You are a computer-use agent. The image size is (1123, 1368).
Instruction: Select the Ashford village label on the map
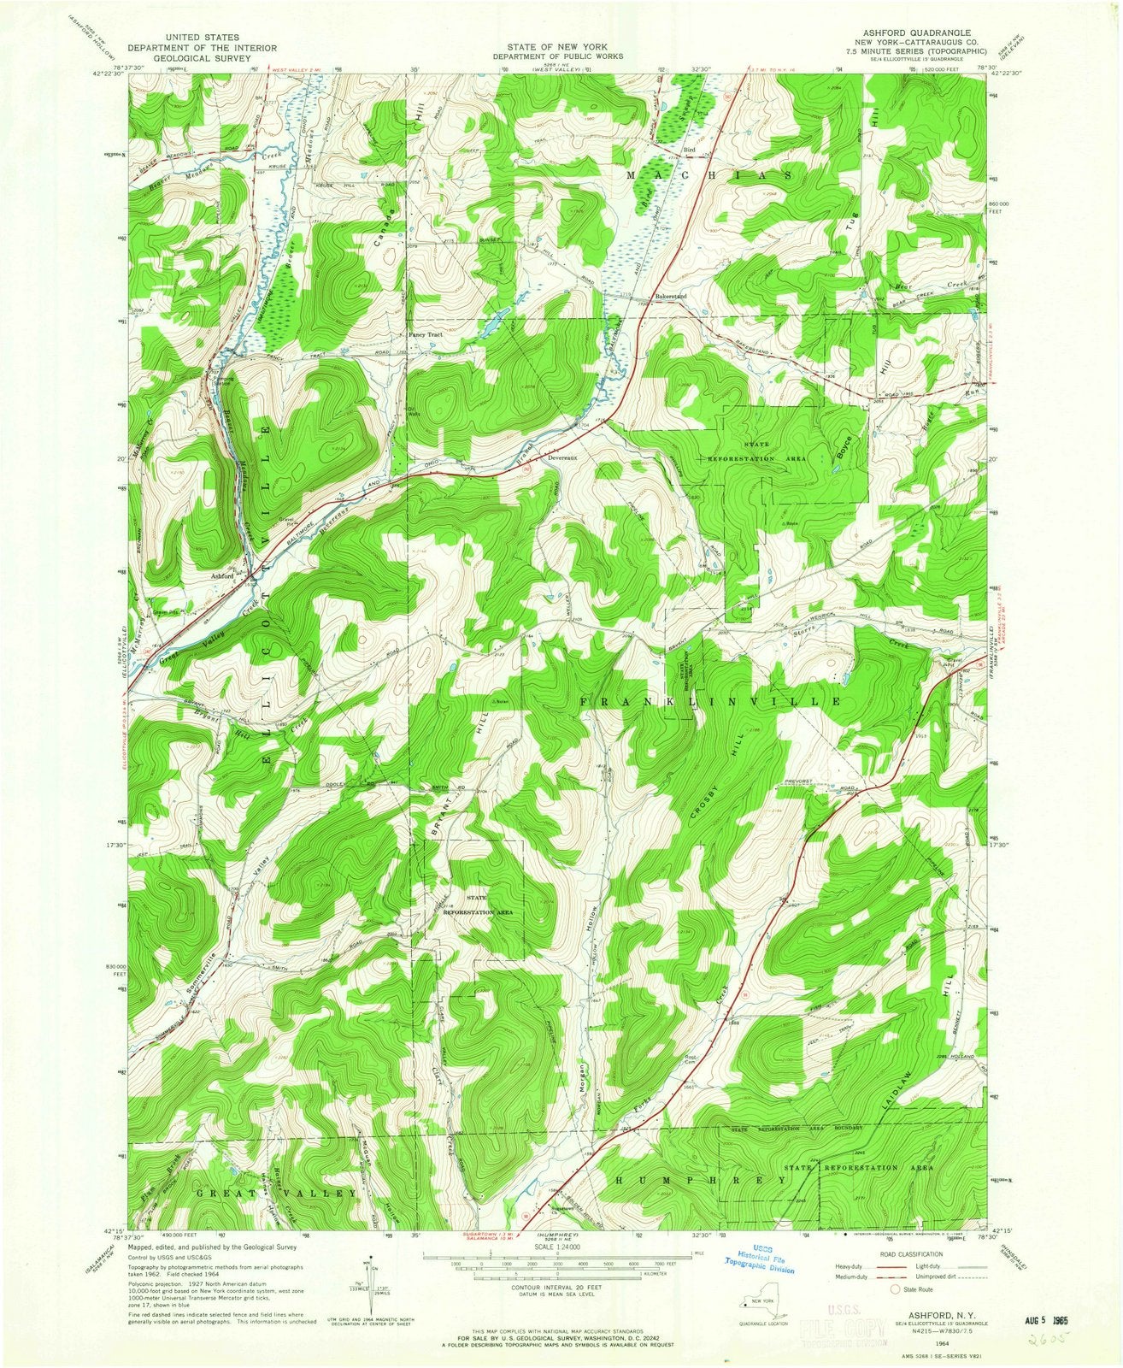coord(223,575)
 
